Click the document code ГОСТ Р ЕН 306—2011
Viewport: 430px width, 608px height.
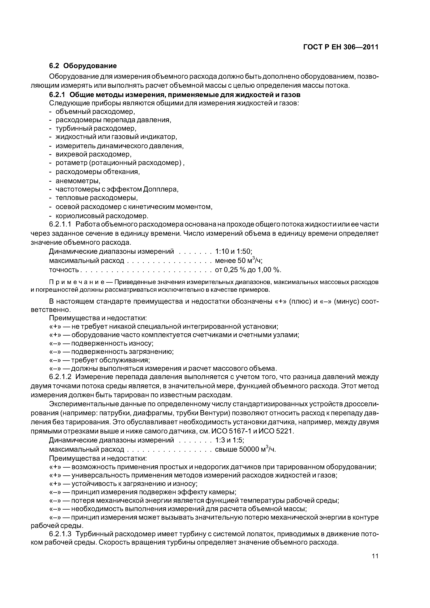[341, 47]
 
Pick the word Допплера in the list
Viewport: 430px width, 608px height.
[161, 189]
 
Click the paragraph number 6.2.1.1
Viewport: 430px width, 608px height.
[60, 224]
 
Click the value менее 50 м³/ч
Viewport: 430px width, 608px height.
[238, 260]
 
